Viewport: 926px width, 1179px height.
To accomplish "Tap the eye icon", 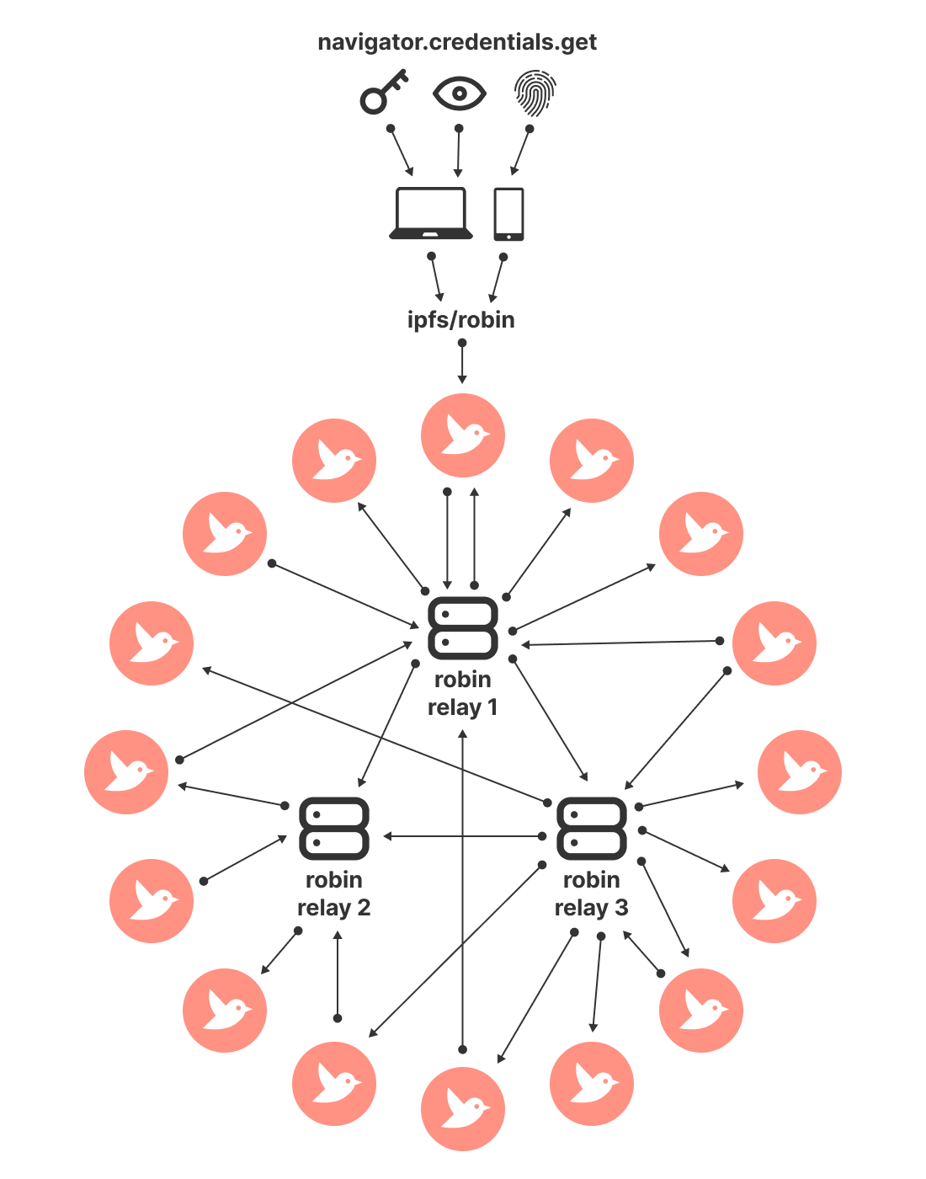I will point(459,93).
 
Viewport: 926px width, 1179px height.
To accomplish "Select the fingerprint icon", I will point(535,93).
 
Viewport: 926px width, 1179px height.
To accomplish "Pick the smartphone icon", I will point(508,214).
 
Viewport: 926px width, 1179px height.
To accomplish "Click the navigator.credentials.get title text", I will point(457,42).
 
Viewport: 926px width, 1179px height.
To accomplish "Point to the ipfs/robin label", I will point(460,320).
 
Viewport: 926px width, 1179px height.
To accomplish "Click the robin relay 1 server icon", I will point(462,628).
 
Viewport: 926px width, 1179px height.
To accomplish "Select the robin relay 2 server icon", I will point(334,829).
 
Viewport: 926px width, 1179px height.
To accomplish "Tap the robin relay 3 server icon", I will point(592,829).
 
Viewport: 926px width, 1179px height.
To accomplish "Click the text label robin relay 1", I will point(462,693).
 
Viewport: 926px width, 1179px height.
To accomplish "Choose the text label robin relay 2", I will point(334,894).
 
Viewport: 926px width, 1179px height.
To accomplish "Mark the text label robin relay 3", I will point(592,894).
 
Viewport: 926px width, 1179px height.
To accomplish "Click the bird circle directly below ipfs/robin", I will point(462,435).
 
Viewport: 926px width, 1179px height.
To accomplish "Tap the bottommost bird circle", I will point(462,1108).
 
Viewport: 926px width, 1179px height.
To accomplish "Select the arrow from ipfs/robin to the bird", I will point(461,363).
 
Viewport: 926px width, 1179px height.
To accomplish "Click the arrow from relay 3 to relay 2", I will point(463,836).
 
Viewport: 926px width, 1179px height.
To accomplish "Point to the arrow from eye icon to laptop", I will point(458,152).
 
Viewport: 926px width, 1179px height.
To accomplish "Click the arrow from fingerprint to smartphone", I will point(521,152).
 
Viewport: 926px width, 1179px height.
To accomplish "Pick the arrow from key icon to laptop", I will point(402,152).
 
